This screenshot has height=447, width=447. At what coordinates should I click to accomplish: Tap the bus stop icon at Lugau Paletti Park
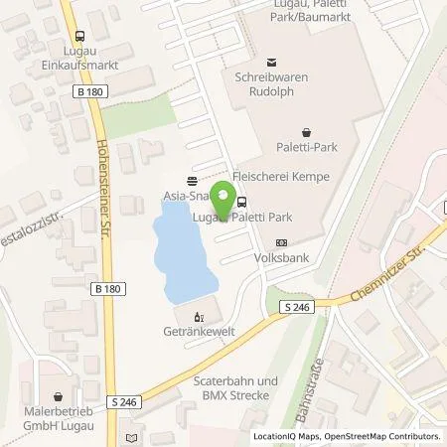click(242, 202)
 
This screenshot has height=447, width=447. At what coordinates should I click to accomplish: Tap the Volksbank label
click(280, 254)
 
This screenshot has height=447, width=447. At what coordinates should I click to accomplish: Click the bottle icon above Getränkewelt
click(196, 319)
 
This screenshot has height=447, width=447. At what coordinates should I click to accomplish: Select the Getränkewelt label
click(196, 335)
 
